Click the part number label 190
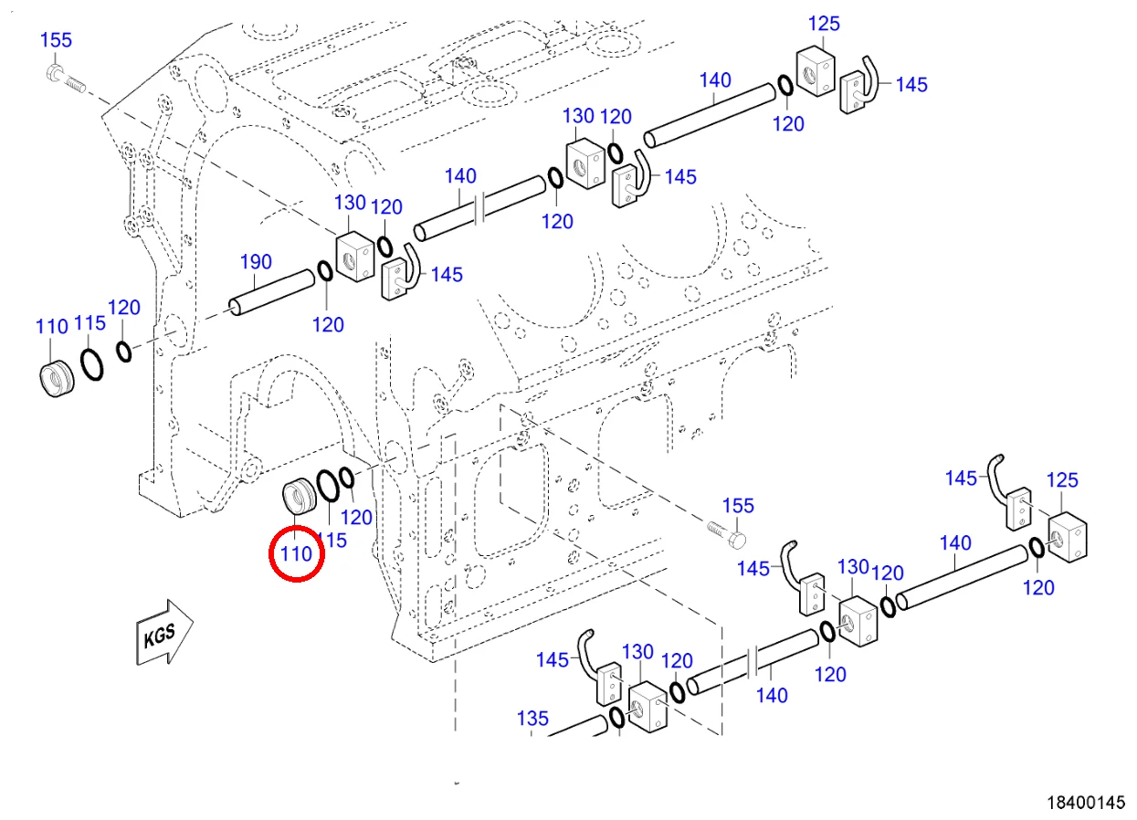click(x=256, y=262)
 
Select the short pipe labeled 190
click(x=272, y=292)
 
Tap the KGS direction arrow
click(x=164, y=633)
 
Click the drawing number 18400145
click(x=1086, y=803)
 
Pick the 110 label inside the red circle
click(x=297, y=553)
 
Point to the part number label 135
click(x=533, y=719)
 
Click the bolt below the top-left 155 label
click(x=67, y=79)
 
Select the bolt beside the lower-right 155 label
click(x=727, y=535)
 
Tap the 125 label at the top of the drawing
click(x=824, y=24)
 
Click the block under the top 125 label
click(x=816, y=71)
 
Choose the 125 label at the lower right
click(x=1062, y=480)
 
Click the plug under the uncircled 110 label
click(x=57, y=379)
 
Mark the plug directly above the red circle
click(x=299, y=496)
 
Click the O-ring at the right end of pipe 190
click(x=325, y=270)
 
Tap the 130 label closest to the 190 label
click(x=350, y=203)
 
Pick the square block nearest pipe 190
click(x=355, y=257)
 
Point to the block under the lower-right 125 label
click(x=1068, y=537)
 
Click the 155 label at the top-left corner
click(x=56, y=40)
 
